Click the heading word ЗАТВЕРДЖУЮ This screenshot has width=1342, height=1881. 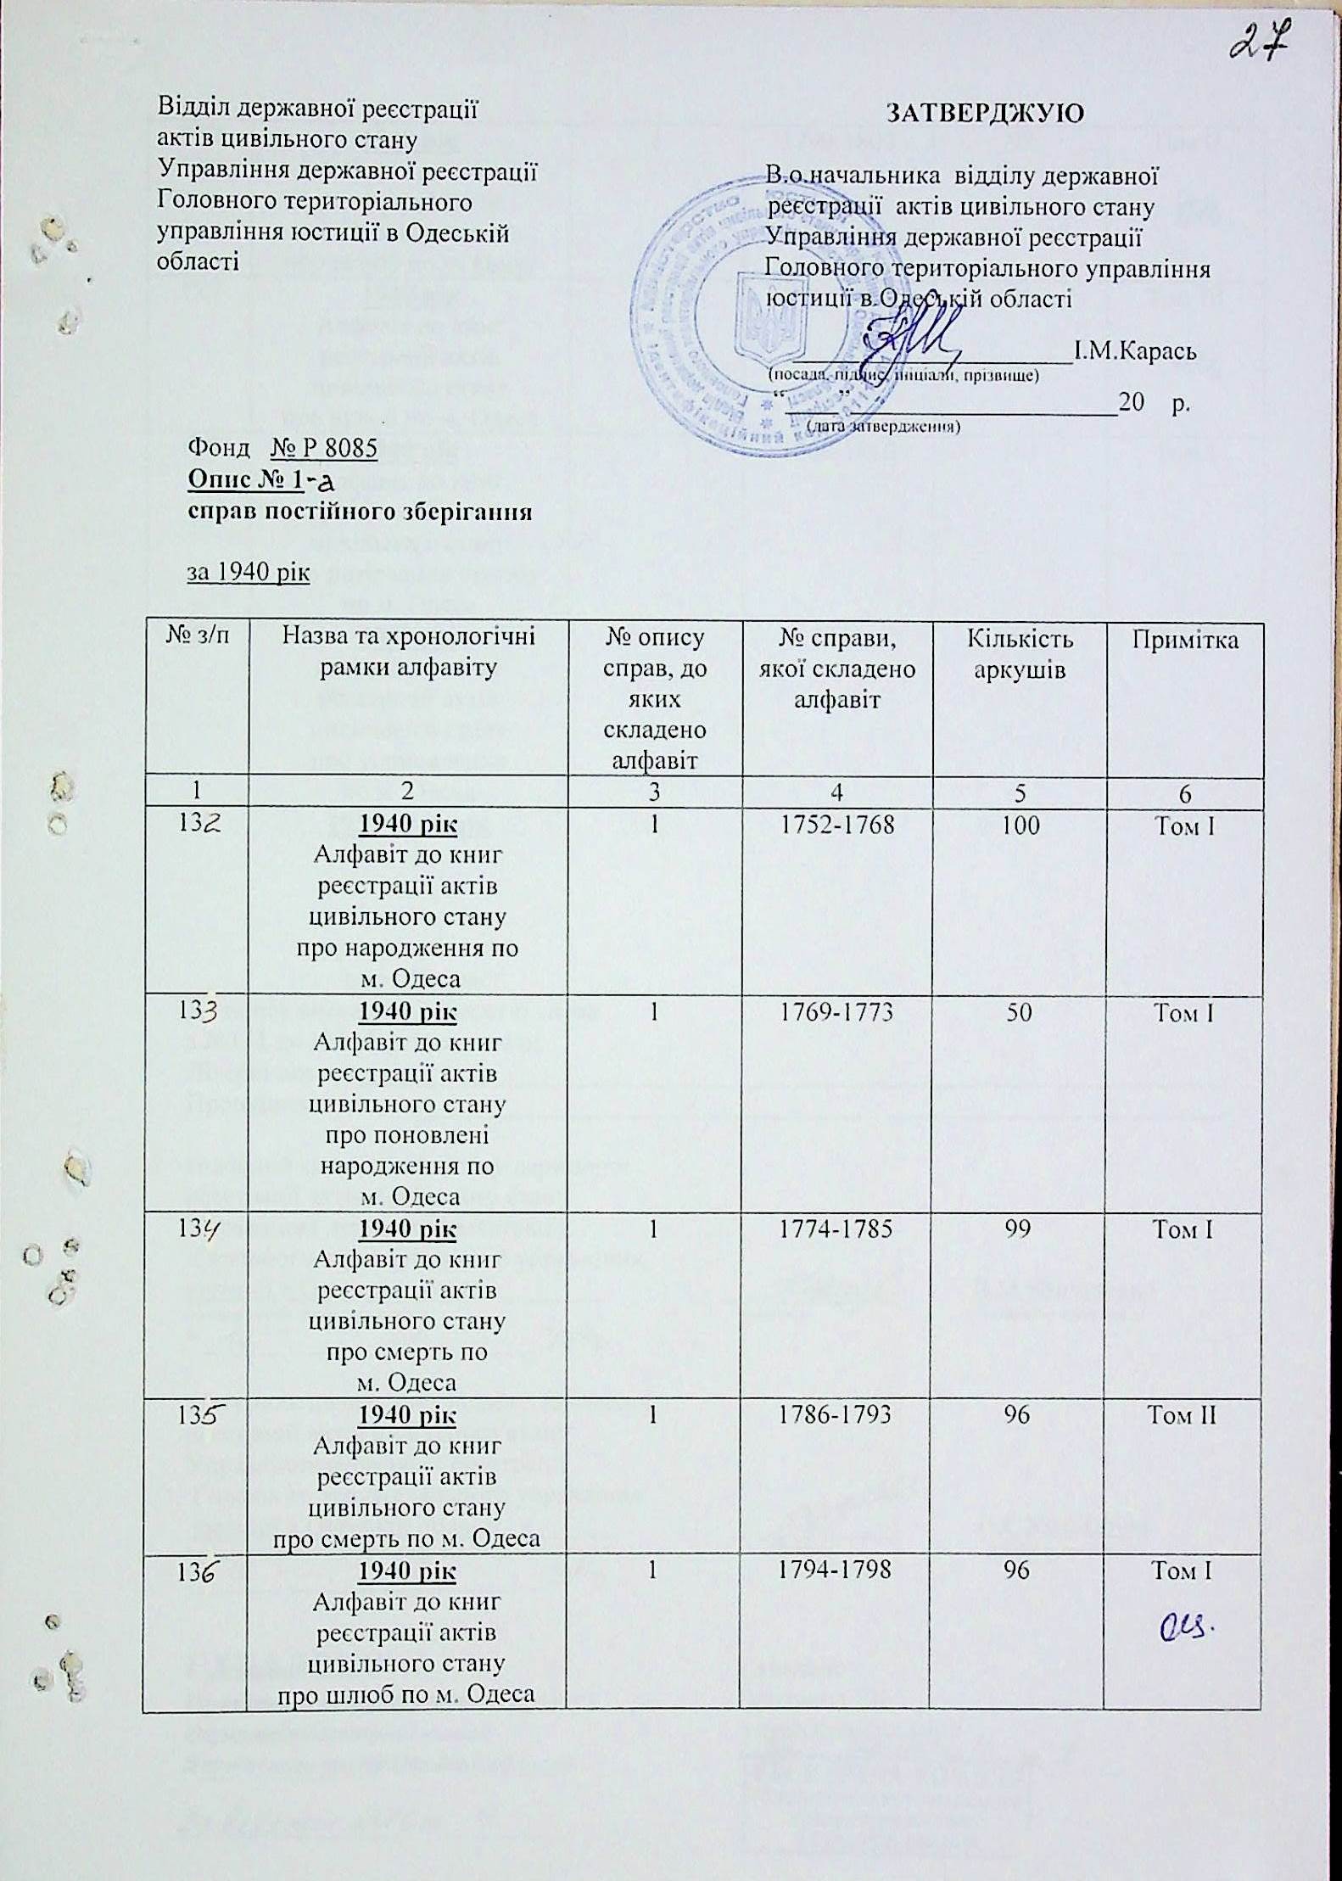tap(985, 114)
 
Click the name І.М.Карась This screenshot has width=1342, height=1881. tap(1135, 350)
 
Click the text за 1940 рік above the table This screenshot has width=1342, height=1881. tap(248, 574)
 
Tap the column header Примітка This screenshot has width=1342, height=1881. tap(1183, 641)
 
